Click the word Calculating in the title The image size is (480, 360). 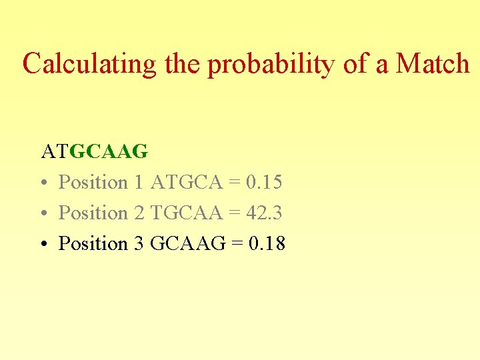pos(89,64)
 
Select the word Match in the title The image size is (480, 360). pos(433,64)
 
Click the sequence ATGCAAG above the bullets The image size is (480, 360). pos(95,151)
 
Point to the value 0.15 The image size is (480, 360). pos(264,182)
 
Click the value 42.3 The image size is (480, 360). pos(264,213)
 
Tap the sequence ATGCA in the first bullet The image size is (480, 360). pos(187,182)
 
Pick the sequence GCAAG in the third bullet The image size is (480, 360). pos(189,243)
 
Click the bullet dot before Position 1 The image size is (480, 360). pos(43,183)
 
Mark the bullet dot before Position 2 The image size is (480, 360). pos(43,213)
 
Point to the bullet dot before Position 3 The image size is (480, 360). pos(43,244)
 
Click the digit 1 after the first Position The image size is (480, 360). pos(139,182)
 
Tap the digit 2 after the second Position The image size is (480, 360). pos(139,213)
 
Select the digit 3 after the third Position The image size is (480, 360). pos(139,243)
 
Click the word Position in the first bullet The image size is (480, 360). pos(93,182)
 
